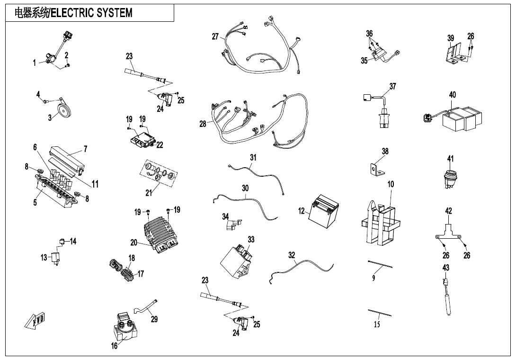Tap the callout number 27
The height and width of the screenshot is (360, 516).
(x=215, y=36)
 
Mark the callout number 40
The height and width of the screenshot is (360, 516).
(x=453, y=95)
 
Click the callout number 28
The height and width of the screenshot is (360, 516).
(x=203, y=124)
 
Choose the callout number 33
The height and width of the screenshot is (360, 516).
(x=251, y=240)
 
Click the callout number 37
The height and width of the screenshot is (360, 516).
(x=392, y=86)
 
